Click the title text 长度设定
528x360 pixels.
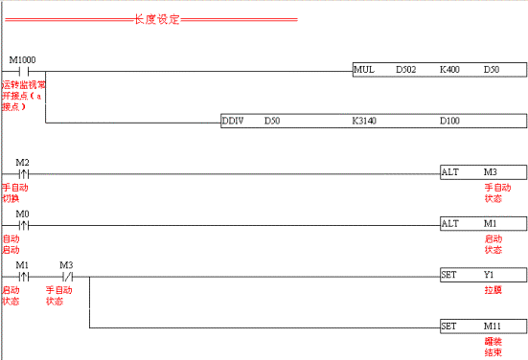click(152, 18)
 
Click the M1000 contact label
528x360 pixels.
click(23, 59)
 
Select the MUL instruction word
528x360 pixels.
click(363, 70)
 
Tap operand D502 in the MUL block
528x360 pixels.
click(405, 70)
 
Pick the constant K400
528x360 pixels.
click(448, 70)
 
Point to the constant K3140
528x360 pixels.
click(365, 122)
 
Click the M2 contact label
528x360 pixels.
click(23, 163)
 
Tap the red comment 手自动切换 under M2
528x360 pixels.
click(16, 192)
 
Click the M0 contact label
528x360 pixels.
click(23, 214)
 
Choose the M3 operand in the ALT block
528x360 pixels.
click(491, 173)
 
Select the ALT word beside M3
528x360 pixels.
click(450, 173)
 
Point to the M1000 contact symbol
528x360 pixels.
click(26, 70)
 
